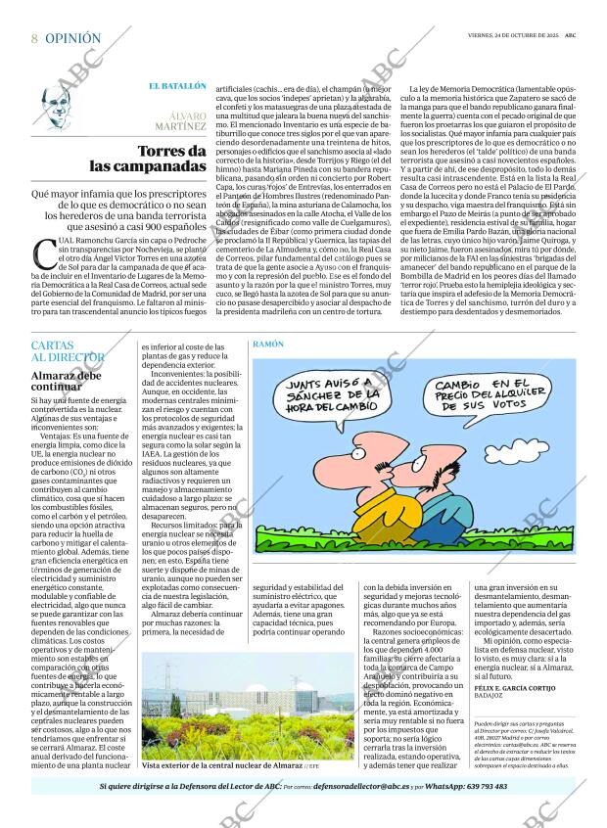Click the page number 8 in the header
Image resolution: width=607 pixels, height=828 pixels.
click(34, 38)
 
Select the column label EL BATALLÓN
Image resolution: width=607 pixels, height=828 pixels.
click(177, 86)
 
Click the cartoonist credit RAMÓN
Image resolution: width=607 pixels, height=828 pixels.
click(268, 345)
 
